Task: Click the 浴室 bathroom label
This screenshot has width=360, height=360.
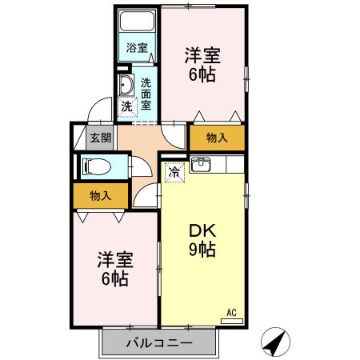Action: coord(137,47)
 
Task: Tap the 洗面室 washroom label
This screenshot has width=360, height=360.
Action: coord(146,92)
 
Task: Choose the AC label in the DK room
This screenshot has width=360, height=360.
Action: coord(232,312)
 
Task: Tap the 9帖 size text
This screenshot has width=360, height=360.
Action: coord(202,250)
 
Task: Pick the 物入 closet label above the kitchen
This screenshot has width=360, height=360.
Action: coord(217,138)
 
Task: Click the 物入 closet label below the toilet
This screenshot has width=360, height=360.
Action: coord(100,194)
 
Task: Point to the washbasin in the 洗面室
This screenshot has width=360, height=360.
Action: coord(126,86)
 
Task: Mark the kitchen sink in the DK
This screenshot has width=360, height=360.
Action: coord(202,166)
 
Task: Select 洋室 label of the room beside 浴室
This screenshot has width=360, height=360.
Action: coord(202,55)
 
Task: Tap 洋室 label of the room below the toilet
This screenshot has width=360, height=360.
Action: coord(114,259)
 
